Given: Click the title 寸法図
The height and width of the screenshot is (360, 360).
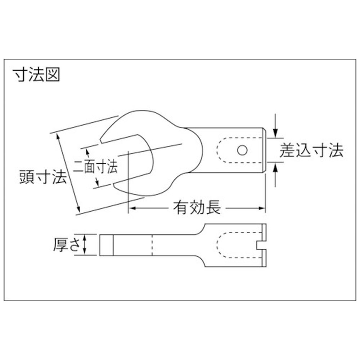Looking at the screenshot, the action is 37,75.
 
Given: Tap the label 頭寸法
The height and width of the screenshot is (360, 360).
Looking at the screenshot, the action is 43,176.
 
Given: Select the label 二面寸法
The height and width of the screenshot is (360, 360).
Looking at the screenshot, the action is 95,166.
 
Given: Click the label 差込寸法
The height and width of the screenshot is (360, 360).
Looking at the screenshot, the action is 311,150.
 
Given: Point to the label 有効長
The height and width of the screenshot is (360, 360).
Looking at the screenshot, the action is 197,208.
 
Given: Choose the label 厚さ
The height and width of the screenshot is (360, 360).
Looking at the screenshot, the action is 67,244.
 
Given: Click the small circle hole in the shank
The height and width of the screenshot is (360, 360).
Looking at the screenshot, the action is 242,150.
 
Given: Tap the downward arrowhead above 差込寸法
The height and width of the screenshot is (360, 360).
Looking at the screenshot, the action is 276,134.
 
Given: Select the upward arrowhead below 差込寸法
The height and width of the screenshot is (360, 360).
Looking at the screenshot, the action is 276,168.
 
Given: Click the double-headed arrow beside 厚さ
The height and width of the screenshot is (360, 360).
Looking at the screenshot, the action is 85,244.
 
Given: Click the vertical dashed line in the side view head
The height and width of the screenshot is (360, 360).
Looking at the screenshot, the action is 152,245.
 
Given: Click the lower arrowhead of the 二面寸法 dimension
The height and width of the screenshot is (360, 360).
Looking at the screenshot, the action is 97,182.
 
